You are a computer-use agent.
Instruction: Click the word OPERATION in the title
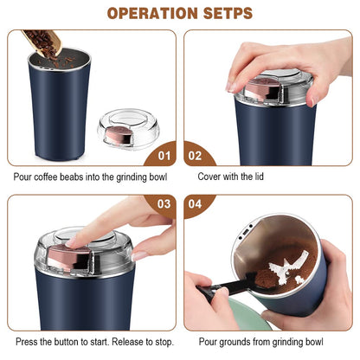click(x=148, y=13)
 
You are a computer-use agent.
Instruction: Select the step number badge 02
click(x=196, y=156)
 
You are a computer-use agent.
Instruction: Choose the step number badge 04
click(x=196, y=206)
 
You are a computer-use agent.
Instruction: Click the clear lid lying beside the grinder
click(x=127, y=128)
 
